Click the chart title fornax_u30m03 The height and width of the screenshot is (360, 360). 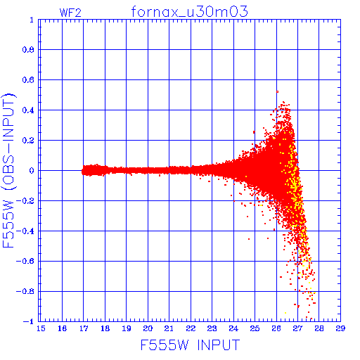click(x=189, y=11)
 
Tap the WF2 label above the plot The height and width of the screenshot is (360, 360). click(x=70, y=13)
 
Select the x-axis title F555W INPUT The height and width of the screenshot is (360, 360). click(x=190, y=345)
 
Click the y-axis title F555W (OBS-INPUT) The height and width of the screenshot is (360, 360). click(x=8, y=170)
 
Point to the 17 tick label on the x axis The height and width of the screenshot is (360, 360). click(x=84, y=328)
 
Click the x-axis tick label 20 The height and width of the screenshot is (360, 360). click(x=148, y=328)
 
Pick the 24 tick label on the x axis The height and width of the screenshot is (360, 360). click(x=233, y=328)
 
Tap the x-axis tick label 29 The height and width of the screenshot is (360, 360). click(x=340, y=328)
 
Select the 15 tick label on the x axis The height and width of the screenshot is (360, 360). click(x=41, y=328)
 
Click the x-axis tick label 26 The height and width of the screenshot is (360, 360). click(x=276, y=328)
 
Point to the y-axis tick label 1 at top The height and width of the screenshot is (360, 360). click(x=32, y=20)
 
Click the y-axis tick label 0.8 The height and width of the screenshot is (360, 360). click(x=28, y=50)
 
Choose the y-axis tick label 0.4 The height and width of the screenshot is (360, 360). click(x=28, y=110)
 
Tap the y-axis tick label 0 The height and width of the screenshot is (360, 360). click(x=32, y=171)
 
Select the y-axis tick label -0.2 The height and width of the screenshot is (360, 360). click(x=25, y=201)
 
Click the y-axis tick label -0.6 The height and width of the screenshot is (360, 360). click(x=25, y=261)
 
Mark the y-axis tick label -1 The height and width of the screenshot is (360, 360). click(x=29, y=321)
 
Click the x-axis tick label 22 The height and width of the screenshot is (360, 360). click(x=191, y=328)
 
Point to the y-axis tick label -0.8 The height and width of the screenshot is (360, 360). click(x=25, y=291)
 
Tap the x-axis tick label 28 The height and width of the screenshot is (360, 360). click(x=319, y=328)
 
